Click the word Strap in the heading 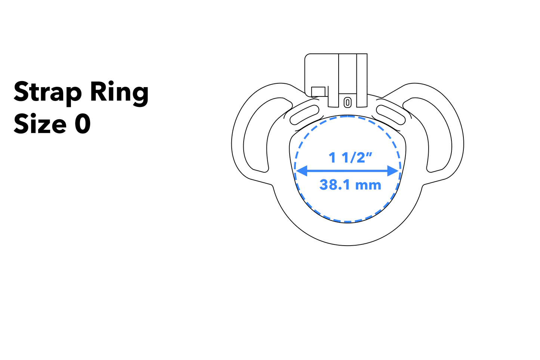[48, 93]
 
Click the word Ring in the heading [119, 93]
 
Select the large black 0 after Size [83, 124]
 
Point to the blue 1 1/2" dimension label [350, 157]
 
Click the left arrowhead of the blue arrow [301, 171]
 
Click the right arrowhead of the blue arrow [393, 171]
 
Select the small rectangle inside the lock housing [318, 92]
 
